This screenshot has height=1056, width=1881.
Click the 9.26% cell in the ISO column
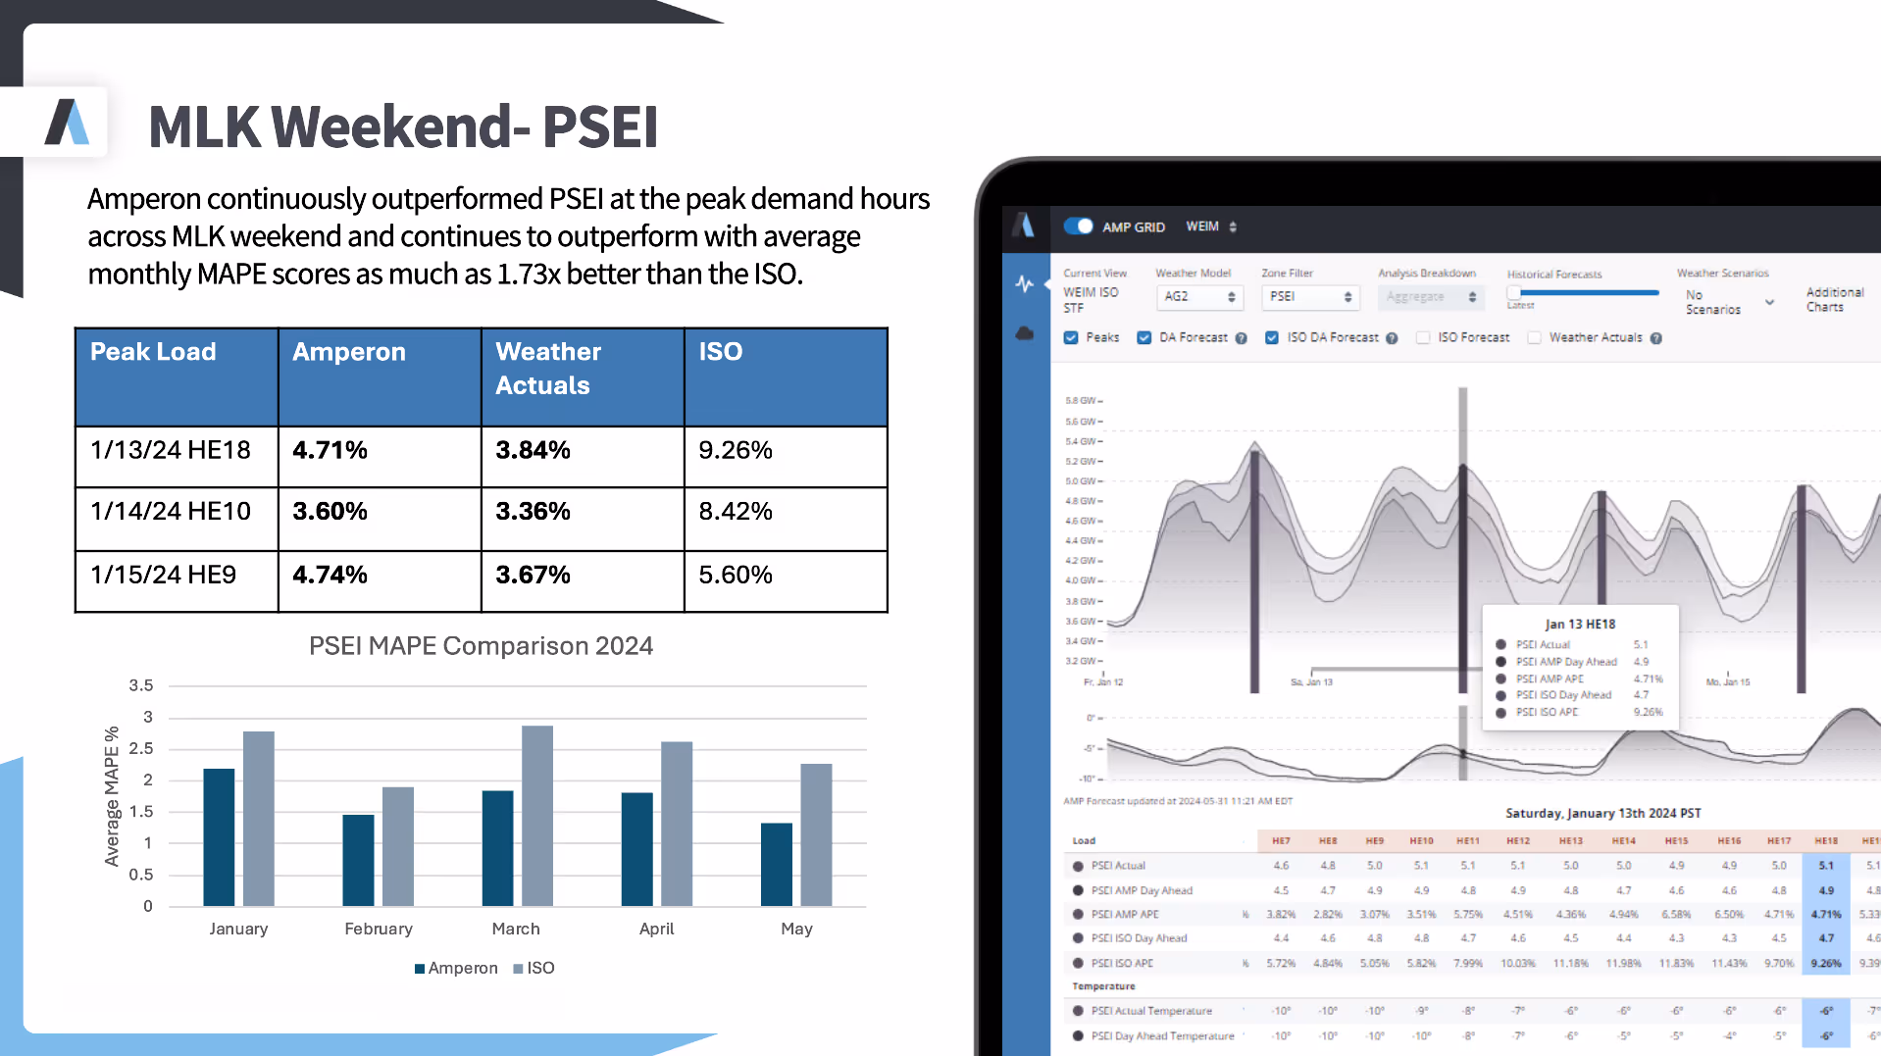click(x=736, y=450)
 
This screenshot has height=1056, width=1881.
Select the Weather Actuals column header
click(x=547, y=369)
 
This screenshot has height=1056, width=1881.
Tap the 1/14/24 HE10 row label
click(x=171, y=511)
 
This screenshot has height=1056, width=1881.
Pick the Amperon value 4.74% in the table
click(x=330, y=575)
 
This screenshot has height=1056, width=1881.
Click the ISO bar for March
click(x=537, y=816)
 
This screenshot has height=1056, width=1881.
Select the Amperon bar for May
click(x=776, y=864)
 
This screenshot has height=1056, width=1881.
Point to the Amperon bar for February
click(x=358, y=860)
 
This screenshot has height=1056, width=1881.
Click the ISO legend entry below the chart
click(x=534, y=968)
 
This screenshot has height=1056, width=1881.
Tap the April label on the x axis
click(x=656, y=929)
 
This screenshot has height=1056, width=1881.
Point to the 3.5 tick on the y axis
click(x=141, y=685)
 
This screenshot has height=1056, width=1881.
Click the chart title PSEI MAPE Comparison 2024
click(x=481, y=646)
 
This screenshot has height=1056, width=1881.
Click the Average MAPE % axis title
click(x=112, y=796)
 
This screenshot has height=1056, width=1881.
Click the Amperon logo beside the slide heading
click(x=67, y=123)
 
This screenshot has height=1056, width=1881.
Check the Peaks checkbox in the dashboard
click(x=1071, y=337)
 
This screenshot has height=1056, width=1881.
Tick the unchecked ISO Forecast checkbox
click(x=1422, y=337)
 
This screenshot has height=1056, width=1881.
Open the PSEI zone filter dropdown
click(x=1309, y=296)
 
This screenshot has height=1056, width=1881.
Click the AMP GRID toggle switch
click(x=1079, y=226)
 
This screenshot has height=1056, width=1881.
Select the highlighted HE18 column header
click(x=1825, y=840)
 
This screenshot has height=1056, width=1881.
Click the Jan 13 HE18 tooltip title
click(x=1580, y=624)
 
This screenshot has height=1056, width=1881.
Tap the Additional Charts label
click(x=1834, y=299)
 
